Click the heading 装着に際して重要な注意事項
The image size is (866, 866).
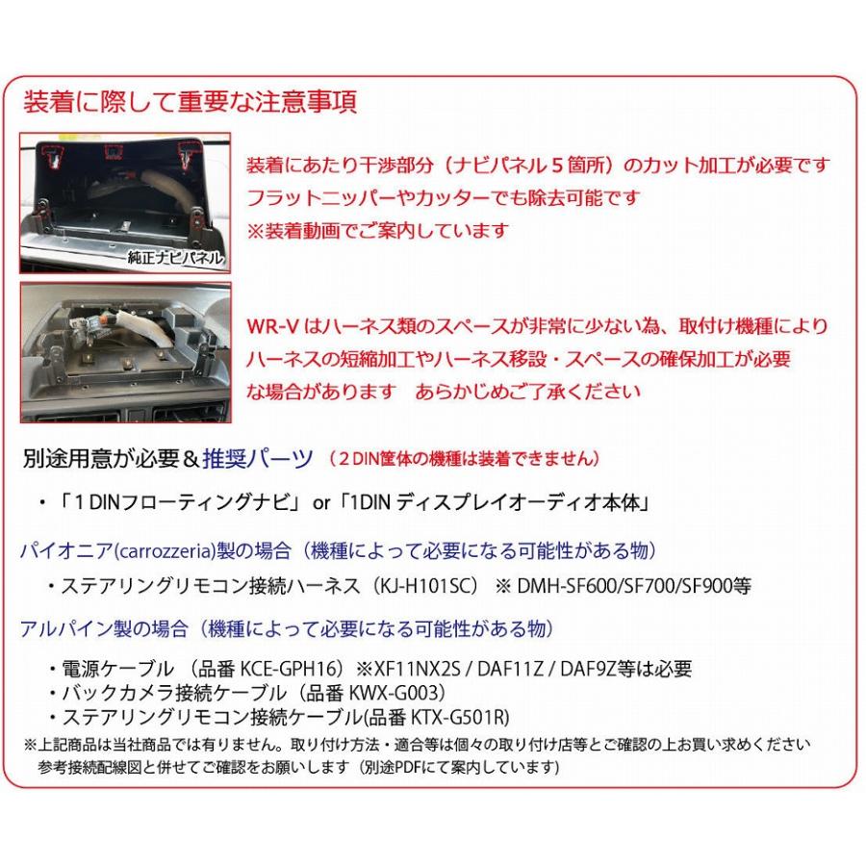189,102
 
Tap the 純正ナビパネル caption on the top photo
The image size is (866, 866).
174,259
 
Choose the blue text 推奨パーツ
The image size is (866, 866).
258,458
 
